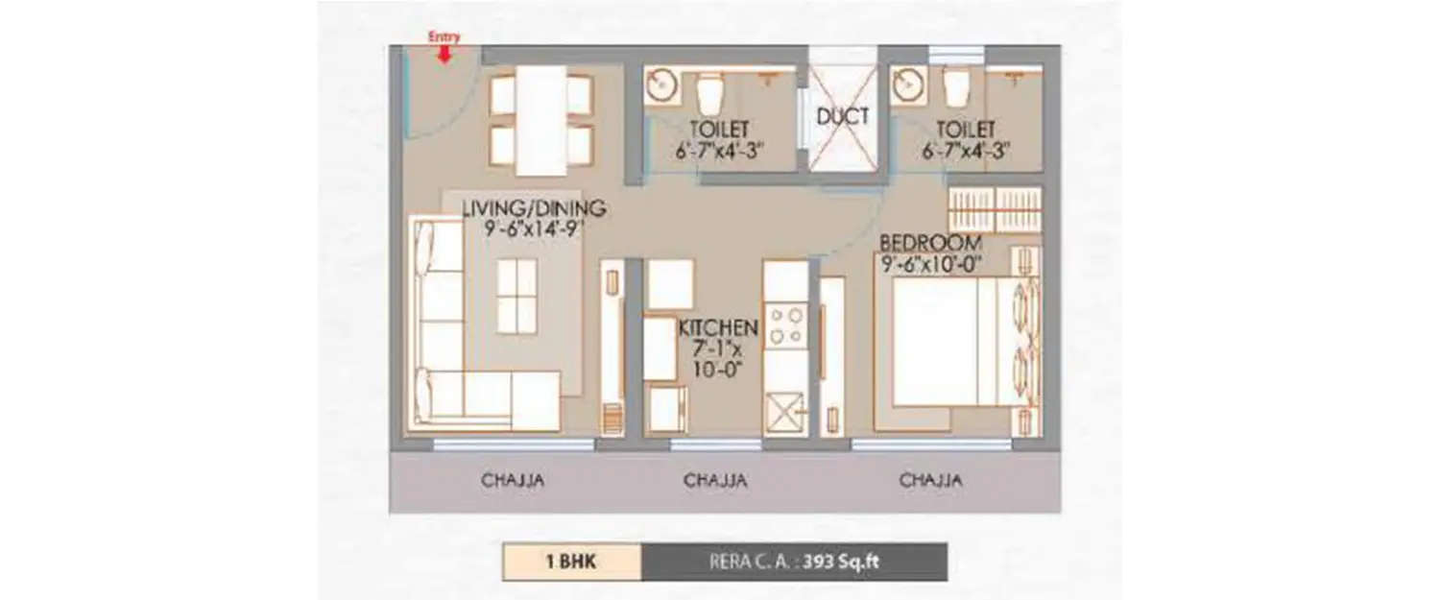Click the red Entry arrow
[x=444, y=53]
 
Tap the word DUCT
[x=842, y=117]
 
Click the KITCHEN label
[x=718, y=328]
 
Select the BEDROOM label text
[x=930, y=242]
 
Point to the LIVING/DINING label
[x=534, y=208]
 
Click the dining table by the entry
[x=541, y=120]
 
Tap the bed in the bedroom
[x=946, y=341]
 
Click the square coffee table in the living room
[x=517, y=297]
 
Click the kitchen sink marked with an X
[x=785, y=412]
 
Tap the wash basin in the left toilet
[x=661, y=86]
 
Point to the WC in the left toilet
[x=709, y=93]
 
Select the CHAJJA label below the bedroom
[x=930, y=480]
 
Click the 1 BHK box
[x=571, y=562]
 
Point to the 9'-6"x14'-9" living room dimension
[x=535, y=228]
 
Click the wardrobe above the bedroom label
[x=994, y=209]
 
